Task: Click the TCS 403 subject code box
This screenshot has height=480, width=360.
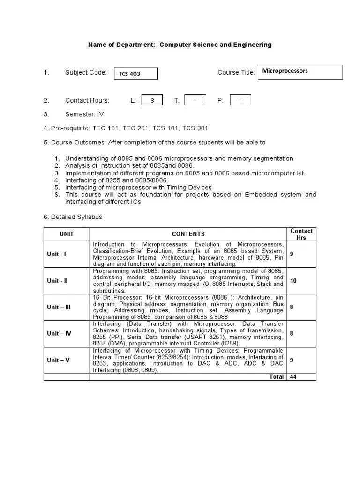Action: click(x=135, y=74)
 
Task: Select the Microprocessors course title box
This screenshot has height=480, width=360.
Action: click(x=300, y=72)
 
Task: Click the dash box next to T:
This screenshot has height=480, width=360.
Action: click(x=195, y=100)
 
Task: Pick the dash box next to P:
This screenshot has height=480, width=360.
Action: click(x=240, y=100)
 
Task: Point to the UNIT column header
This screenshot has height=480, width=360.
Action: click(x=67, y=234)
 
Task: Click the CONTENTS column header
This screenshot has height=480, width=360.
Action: click(x=188, y=234)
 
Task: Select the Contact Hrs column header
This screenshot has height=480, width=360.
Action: click(x=301, y=234)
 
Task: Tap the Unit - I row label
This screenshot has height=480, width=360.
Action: click(x=56, y=254)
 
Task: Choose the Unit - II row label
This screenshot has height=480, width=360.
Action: click(x=57, y=281)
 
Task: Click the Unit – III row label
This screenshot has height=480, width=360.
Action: click(x=59, y=307)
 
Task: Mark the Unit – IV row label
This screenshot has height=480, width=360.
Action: click(x=59, y=333)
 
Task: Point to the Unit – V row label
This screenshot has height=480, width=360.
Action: click(x=58, y=360)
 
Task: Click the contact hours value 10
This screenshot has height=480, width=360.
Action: click(x=293, y=280)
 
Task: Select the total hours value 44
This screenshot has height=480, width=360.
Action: click(x=293, y=377)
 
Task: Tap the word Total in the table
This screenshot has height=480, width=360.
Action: click(x=277, y=377)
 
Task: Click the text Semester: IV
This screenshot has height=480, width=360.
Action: click(x=84, y=114)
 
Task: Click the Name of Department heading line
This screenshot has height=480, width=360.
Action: click(x=180, y=45)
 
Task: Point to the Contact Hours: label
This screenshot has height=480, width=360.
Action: click(x=87, y=100)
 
